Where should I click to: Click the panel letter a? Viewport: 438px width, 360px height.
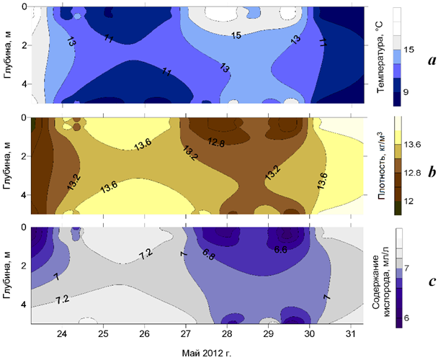(x=431, y=61)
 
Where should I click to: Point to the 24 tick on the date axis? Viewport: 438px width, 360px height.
(x=62, y=335)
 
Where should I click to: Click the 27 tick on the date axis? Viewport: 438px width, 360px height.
(x=186, y=335)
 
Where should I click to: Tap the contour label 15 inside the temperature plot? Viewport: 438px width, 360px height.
(x=236, y=35)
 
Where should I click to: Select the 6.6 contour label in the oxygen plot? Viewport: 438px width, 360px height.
(x=281, y=250)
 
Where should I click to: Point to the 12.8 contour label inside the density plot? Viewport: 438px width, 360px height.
(x=216, y=142)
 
